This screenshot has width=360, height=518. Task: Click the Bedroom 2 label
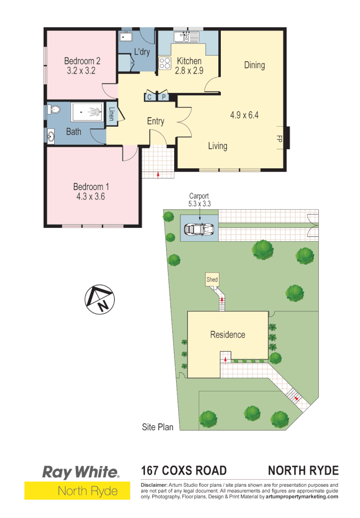tap(82, 61)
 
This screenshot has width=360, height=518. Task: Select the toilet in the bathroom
tap(54, 110)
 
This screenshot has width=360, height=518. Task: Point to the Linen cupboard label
tap(111, 115)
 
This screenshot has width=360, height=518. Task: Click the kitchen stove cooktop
tap(165, 63)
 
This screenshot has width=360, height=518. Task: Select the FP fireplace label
tap(278, 139)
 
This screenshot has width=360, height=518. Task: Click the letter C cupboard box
tap(149, 97)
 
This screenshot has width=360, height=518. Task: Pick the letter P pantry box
tap(163, 97)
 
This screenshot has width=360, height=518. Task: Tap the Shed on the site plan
tap(212, 280)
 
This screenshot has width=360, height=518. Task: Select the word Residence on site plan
tap(228, 335)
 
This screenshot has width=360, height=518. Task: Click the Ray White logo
tap(81, 472)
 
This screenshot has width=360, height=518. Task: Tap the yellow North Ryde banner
tap(77, 491)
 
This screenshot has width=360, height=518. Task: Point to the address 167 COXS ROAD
tap(184, 471)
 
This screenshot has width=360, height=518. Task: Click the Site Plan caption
tap(157, 427)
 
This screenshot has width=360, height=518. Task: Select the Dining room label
tap(254, 65)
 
